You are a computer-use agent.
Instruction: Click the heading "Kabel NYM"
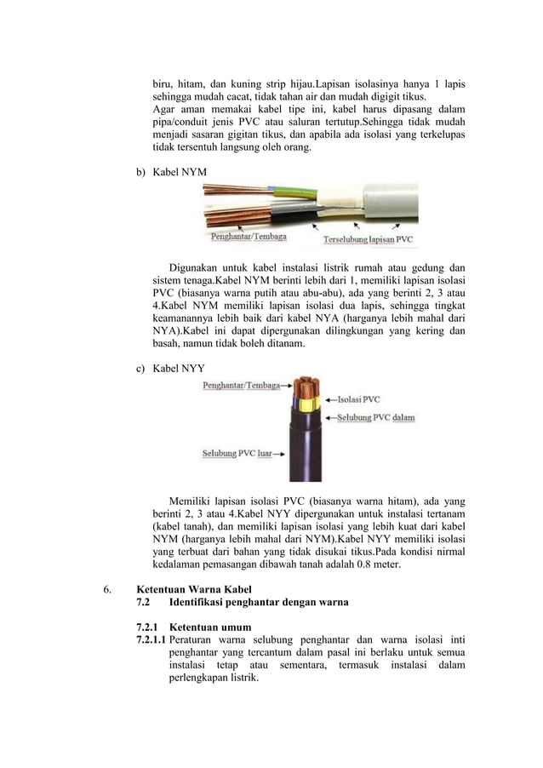click(x=179, y=172)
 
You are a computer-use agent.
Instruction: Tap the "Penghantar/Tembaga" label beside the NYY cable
click(x=241, y=386)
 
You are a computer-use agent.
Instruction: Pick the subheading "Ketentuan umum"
click(x=209, y=628)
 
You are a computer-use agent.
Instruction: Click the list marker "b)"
click(x=141, y=172)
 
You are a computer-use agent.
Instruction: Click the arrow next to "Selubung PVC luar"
click(x=278, y=454)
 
